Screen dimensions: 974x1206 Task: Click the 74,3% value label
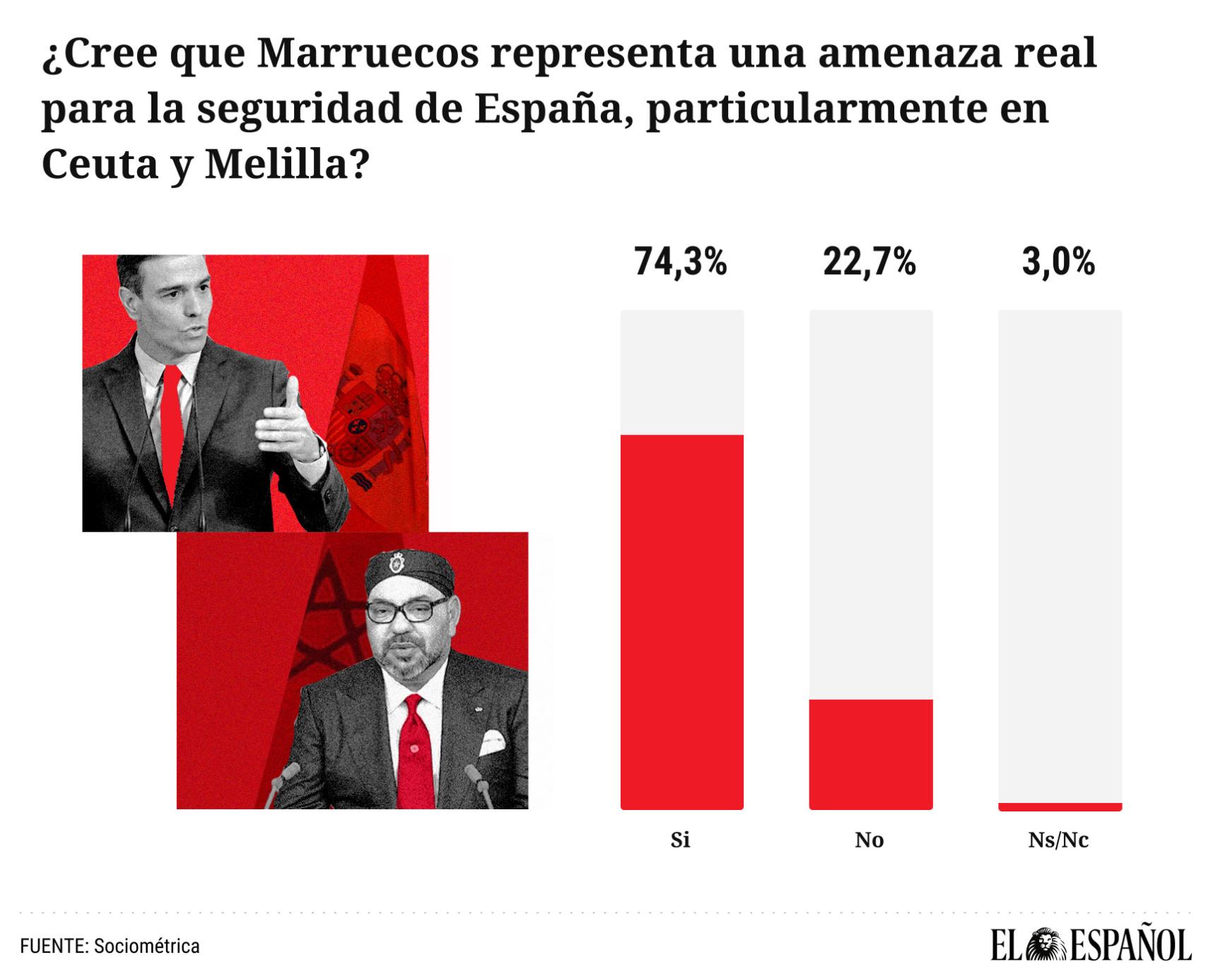(680, 262)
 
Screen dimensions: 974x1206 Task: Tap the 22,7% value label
(870, 262)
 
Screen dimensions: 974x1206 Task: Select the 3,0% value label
(1058, 262)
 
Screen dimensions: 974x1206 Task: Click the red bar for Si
(682, 622)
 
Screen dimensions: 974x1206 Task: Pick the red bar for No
(871, 754)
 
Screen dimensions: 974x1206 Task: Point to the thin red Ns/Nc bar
(1060, 806)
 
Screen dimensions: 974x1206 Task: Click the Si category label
(680, 840)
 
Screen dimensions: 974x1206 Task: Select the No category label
(870, 840)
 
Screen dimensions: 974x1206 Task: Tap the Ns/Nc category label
(1058, 840)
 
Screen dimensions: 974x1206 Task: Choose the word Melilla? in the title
(287, 164)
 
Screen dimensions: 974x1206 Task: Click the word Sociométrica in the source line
(146, 946)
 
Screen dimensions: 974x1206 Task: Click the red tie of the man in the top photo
(172, 431)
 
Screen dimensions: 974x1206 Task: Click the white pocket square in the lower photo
(492, 744)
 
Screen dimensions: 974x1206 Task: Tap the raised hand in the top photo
(290, 424)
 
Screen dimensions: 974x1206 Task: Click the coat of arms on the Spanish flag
(371, 417)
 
